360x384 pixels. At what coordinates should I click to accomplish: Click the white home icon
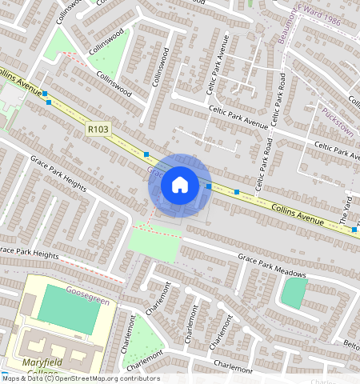click(x=180, y=185)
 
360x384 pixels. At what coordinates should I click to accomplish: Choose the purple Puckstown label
click(x=337, y=117)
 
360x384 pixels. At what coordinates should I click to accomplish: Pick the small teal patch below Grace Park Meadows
click(x=294, y=293)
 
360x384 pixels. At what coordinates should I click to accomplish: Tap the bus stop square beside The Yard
click(x=354, y=230)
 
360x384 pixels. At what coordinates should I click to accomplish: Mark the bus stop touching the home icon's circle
click(x=209, y=186)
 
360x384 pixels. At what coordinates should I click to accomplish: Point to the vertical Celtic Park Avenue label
click(x=226, y=61)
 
